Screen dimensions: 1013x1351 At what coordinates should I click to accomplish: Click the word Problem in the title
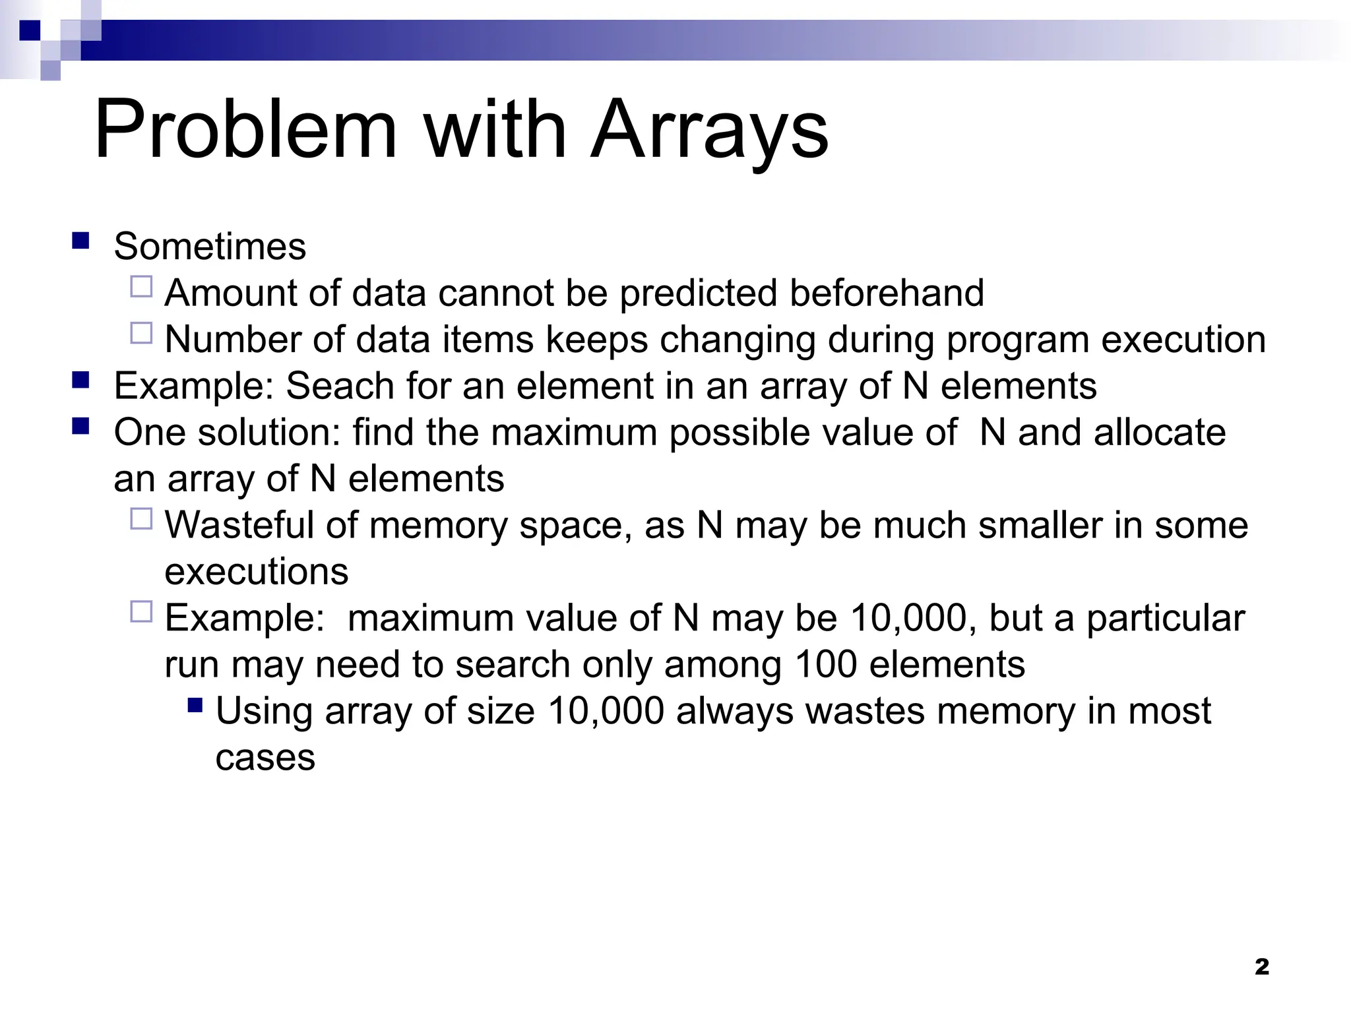click(246, 129)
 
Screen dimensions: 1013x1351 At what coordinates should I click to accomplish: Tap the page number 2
click(1261, 967)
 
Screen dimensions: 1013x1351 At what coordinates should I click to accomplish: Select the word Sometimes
click(210, 247)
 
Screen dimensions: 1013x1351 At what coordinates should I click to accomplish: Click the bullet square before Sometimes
click(80, 240)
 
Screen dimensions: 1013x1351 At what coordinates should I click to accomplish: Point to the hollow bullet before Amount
click(141, 287)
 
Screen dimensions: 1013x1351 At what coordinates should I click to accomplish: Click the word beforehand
click(887, 293)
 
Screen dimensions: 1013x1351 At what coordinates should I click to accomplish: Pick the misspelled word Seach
click(340, 386)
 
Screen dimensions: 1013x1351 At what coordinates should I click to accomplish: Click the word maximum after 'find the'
click(574, 433)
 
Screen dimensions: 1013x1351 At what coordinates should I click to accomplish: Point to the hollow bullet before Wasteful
click(141, 519)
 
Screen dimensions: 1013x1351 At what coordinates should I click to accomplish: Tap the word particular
click(1165, 619)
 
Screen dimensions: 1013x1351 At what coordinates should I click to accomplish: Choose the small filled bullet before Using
click(195, 706)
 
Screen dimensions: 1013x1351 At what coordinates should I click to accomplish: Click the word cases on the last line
click(265, 758)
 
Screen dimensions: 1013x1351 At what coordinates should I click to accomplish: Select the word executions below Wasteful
click(256, 572)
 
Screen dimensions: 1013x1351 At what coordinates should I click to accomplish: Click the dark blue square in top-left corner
click(30, 31)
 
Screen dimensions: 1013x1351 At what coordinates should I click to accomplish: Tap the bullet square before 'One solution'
click(80, 426)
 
